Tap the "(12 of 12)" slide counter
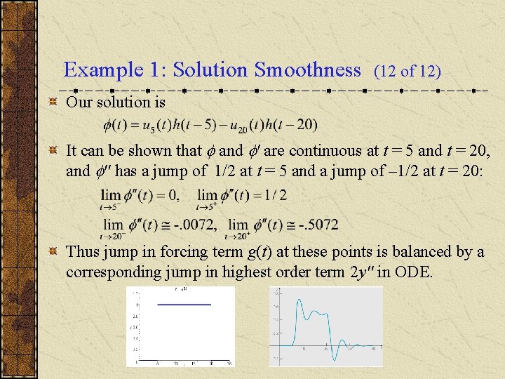click(408, 71)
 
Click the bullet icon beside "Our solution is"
click(53, 103)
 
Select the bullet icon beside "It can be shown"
click(53, 151)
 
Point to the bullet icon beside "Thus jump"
click(53, 252)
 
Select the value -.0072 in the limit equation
click(194, 225)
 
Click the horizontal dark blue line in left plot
click(184, 304)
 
